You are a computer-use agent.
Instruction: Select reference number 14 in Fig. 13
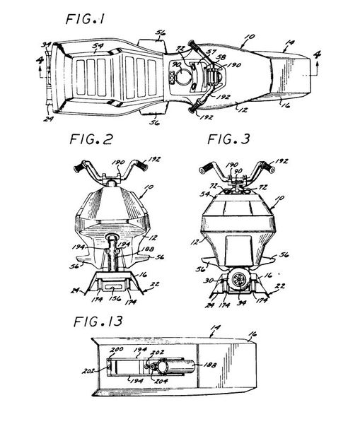[x=216, y=327]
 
